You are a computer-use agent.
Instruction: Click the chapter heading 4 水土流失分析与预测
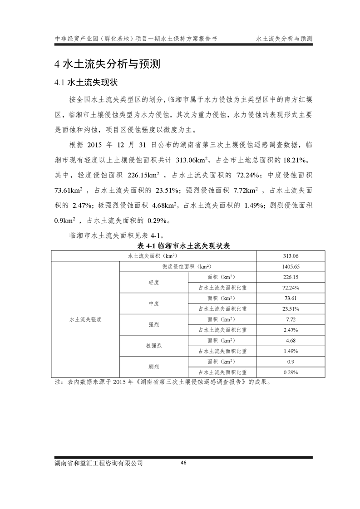107,64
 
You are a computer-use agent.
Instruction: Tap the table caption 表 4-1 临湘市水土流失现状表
184,246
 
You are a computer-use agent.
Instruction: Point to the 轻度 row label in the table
153,282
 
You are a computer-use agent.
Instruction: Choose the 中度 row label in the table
153,303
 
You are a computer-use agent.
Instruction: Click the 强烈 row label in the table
153,324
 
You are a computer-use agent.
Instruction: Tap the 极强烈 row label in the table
153,345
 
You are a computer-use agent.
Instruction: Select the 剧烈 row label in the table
153,367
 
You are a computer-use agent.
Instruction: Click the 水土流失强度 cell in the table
85,319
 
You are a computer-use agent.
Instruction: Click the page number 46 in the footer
183,463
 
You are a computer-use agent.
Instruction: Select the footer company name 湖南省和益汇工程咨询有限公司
98,463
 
